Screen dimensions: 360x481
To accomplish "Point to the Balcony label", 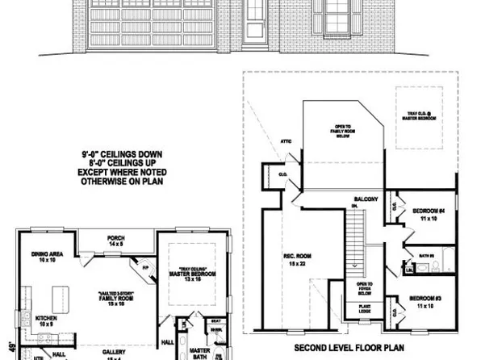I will click(366, 199).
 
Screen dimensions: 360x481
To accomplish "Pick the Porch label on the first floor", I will click(116, 240).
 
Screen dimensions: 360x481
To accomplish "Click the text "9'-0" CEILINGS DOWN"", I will click(118, 152).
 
